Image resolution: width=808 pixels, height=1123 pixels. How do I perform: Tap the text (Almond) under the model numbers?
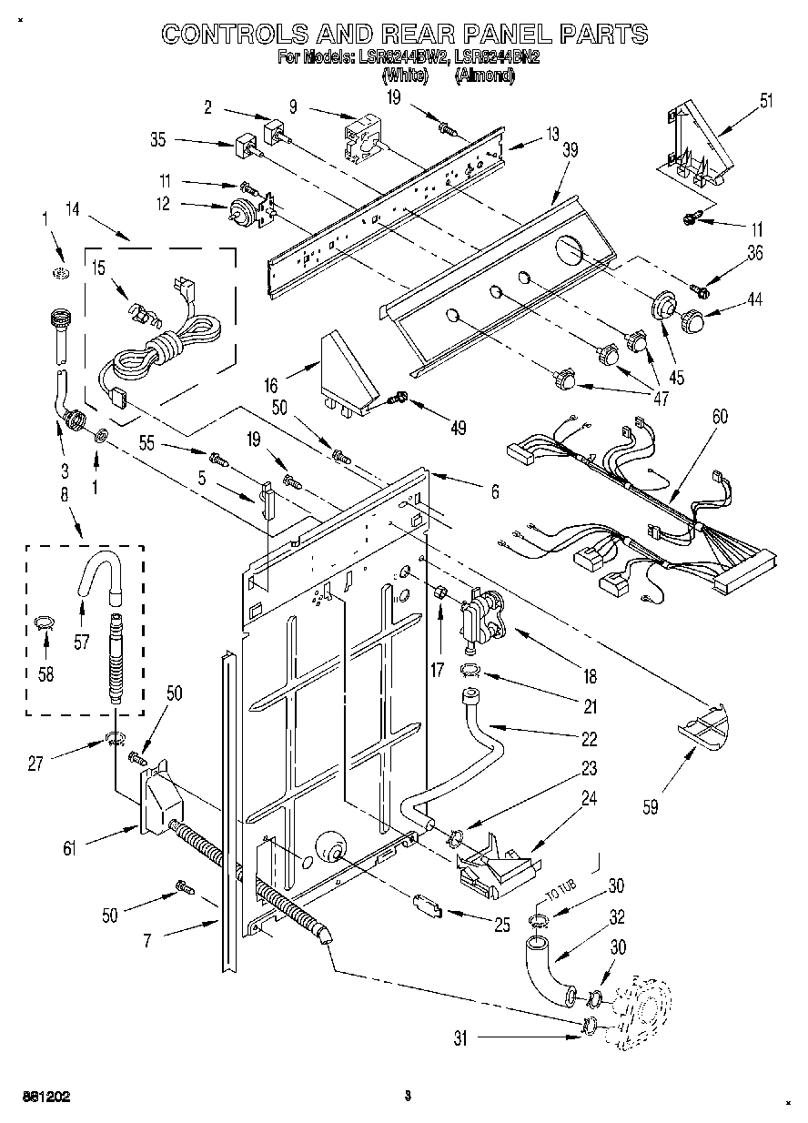click(484, 76)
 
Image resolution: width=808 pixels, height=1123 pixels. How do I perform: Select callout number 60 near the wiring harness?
click(719, 417)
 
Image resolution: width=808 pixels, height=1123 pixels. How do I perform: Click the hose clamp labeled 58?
click(42, 622)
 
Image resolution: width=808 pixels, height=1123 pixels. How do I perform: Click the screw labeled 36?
click(699, 290)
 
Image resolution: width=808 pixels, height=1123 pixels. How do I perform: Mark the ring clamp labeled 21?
click(470, 673)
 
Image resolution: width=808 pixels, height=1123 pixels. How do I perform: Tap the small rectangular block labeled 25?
click(427, 905)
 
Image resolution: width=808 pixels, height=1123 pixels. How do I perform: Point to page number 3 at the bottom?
click(409, 1097)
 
